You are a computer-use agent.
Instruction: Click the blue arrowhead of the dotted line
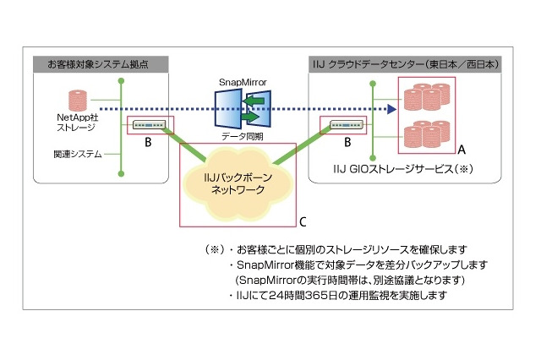click(392, 109)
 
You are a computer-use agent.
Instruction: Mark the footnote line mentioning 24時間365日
click(336, 296)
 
